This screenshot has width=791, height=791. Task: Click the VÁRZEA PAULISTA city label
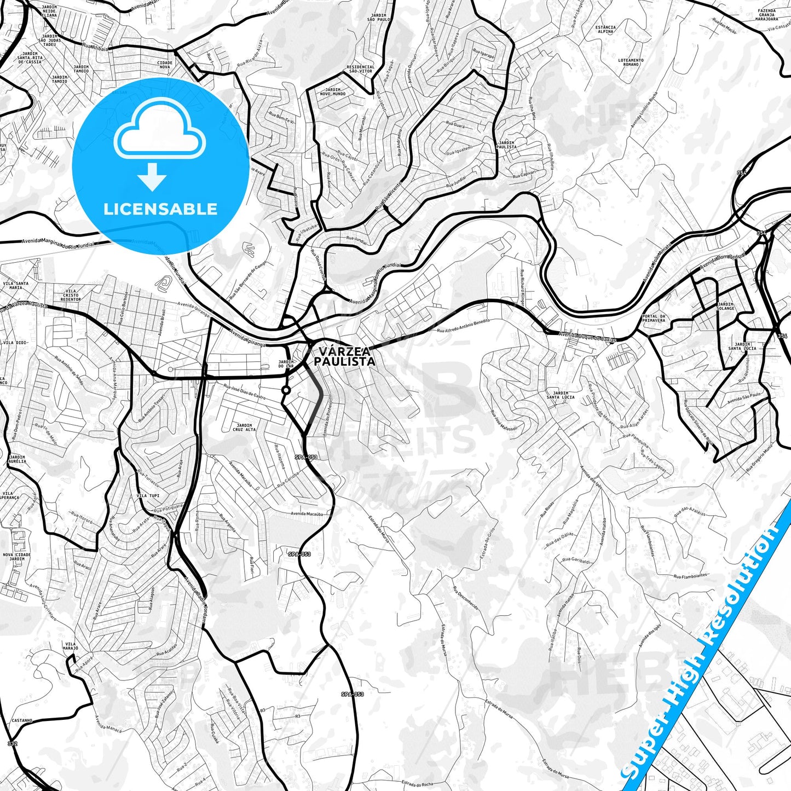pyautogui.click(x=345, y=356)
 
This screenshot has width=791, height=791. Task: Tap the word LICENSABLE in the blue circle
pyautogui.click(x=160, y=209)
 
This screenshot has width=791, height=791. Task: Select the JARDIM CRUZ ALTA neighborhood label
pyautogui.click(x=244, y=428)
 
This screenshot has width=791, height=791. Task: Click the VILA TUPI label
pyautogui.click(x=148, y=495)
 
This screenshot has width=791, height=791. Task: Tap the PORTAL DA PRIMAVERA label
pyautogui.click(x=654, y=318)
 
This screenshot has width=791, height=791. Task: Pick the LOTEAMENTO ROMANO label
pyautogui.click(x=631, y=62)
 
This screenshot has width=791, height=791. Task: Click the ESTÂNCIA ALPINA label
pyautogui.click(x=605, y=30)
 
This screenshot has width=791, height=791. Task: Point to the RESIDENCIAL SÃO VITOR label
pyautogui.click(x=361, y=69)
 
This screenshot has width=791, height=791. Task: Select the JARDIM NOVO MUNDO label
pyautogui.click(x=332, y=91)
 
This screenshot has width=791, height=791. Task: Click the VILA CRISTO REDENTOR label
pyautogui.click(x=71, y=296)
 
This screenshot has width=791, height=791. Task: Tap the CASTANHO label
pyautogui.click(x=22, y=720)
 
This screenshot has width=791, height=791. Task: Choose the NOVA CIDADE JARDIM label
pyautogui.click(x=17, y=557)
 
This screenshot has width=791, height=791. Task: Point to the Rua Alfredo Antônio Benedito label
pyautogui.click(x=463, y=327)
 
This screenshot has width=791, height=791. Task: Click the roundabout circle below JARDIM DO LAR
pyautogui.click(x=286, y=390)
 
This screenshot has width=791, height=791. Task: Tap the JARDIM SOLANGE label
pyautogui.click(x=725, y=306)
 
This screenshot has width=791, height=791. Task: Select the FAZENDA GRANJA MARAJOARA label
pyautogui.click(x=767, y=15)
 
